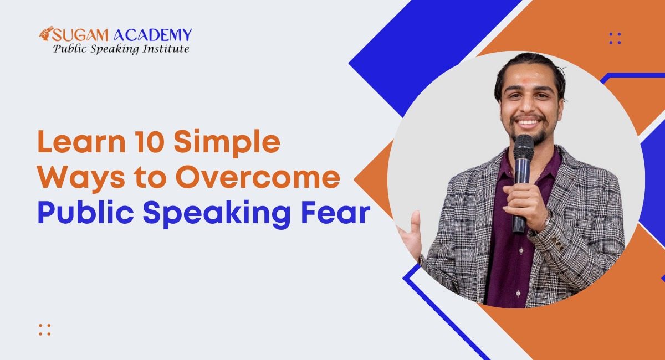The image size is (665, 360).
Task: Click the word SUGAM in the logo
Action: (x=80, y=35)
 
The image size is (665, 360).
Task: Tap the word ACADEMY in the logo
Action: (x=153, y=35)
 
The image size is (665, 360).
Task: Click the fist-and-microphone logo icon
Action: (x=45, y=33)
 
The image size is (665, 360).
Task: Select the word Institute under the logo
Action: (x=165, y=49)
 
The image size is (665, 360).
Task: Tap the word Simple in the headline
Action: (x=227, y=143)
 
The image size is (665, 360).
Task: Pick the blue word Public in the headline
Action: (x=85, y=213)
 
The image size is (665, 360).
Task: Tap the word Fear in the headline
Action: (x=335, y=213)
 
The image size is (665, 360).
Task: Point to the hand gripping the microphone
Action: (x=525, y=205)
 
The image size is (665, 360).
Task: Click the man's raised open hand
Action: (x=411, y=235)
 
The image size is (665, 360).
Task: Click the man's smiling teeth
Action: (x=529, y=122)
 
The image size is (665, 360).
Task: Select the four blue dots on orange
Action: (x=615, y=39)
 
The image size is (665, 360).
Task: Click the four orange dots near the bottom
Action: (x=45, y=330)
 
